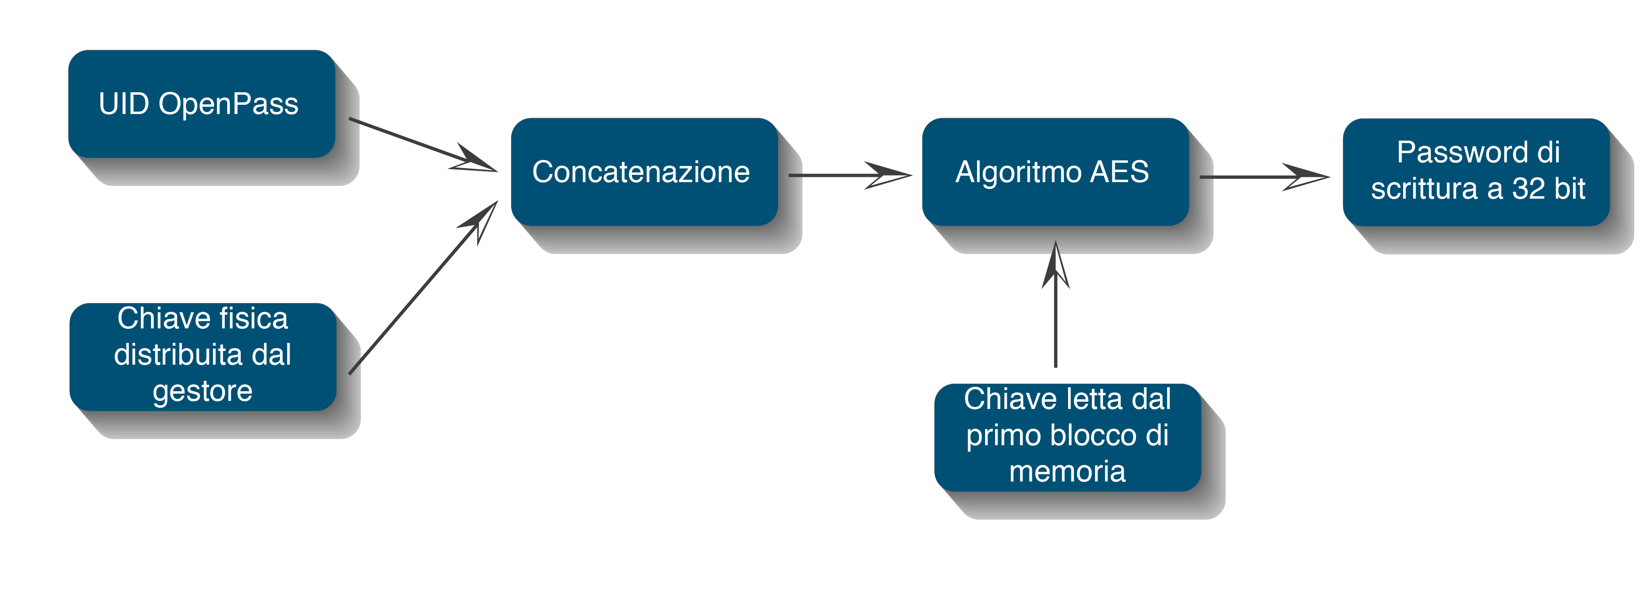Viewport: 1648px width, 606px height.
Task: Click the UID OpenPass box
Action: [201, 104]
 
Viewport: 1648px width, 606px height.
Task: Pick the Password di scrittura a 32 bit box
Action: [1476, 172]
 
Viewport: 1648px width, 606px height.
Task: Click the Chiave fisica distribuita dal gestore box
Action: [203, 357]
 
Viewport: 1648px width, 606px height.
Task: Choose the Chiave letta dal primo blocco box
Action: [1067, 437]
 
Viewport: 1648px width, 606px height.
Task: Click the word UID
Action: [124, 104]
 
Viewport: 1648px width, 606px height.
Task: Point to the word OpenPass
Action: [228, 104]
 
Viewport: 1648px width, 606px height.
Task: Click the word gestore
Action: [203, 391]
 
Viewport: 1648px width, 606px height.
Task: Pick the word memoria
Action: [1067, 471]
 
